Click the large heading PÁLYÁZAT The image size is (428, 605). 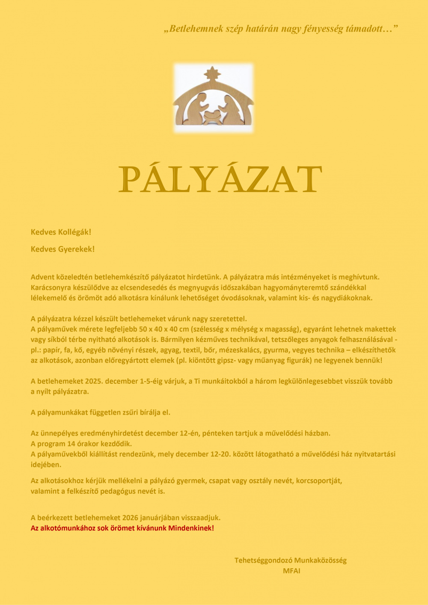220,180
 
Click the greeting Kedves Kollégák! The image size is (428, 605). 61,232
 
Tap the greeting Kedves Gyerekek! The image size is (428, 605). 62,249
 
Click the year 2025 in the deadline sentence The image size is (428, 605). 94,381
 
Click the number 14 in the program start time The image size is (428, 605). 71,444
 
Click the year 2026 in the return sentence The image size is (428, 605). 131,518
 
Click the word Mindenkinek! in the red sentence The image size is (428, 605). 191,528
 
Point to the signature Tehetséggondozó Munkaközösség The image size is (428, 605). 290,560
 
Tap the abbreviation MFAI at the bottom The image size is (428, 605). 291,571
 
